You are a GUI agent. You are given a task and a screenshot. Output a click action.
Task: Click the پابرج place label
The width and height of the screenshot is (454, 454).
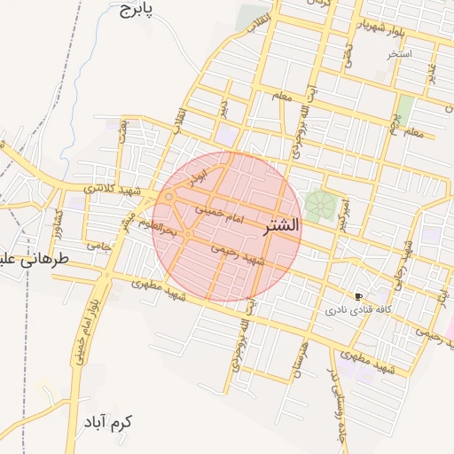coord(135,10)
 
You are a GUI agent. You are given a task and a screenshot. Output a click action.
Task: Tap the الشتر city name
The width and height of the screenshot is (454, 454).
coord(282,226)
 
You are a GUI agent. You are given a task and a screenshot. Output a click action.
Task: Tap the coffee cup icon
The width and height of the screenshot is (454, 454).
coord(357,296)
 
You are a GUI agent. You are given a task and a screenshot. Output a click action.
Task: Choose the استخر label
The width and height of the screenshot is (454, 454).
coord(399,54)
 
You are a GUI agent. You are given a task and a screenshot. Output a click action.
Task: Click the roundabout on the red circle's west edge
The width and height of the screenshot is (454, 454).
coord(168,197)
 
